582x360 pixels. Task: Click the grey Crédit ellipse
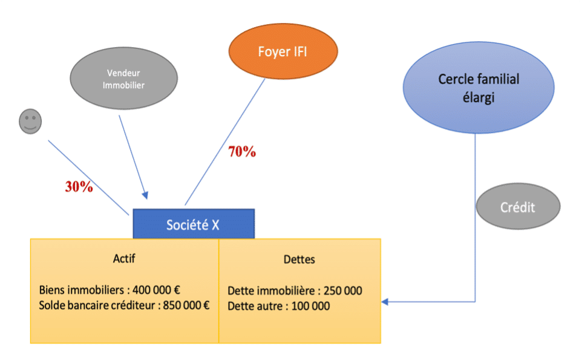[x=518, y=207]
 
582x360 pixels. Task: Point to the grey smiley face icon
[x=30, y=122]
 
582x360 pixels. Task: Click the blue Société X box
[x=194, y=224]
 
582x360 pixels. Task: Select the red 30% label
[x=79, y=187]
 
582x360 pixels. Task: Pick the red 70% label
[x=242, y=152]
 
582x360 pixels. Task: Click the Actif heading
[x=124, y=258]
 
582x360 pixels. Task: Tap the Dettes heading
[x=299, y=260]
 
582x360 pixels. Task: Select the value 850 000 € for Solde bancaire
[x=187, y=305]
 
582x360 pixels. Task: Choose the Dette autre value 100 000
[x=311, y=306]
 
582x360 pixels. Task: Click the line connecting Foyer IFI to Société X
[x=225, y=142]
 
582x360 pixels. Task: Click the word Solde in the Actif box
[x=53, y=305]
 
